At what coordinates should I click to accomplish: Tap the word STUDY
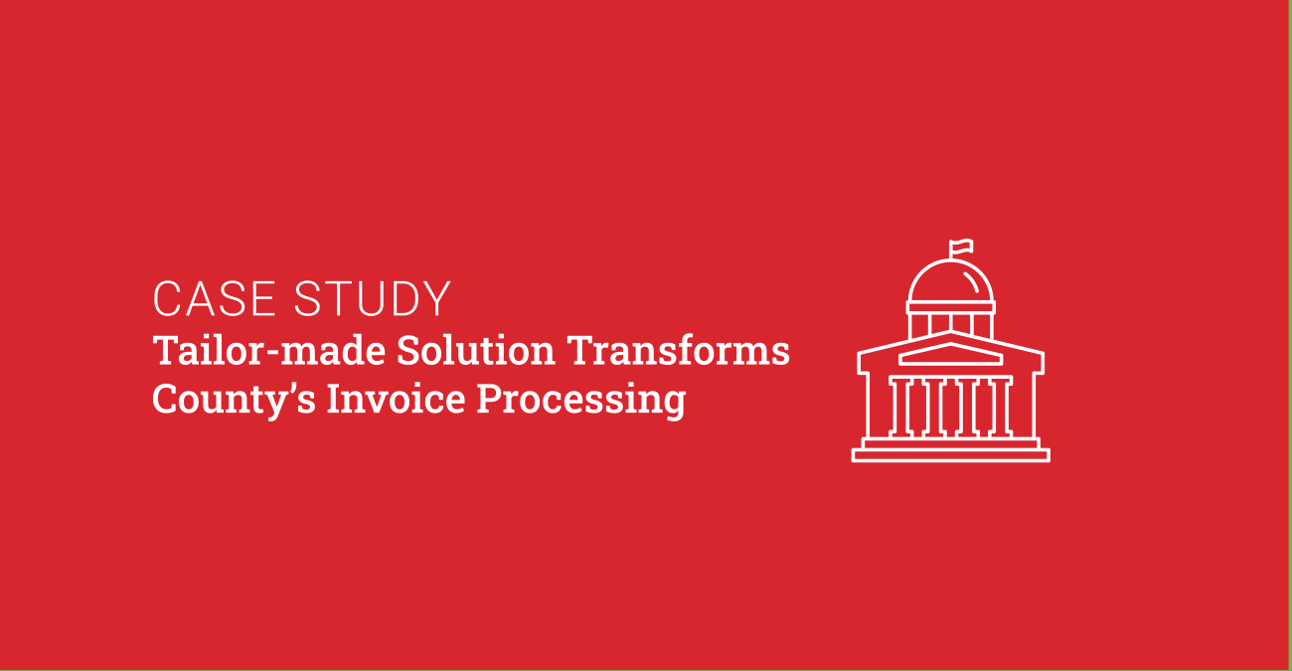point(372,299)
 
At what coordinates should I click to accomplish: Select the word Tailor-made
point(269,350)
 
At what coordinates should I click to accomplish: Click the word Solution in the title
point(476,350)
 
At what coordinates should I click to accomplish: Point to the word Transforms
point(678,350)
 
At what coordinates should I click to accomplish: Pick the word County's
point(235,400)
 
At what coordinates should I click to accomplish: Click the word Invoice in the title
point(396,399)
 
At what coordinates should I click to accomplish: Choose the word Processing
point(581,400)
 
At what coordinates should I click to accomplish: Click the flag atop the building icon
point(961,248)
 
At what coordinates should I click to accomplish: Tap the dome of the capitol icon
point(950,281)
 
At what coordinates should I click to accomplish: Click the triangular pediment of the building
point(950,354)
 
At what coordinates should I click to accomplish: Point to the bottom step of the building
point(950,455)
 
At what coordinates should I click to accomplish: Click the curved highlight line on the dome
point(971,282)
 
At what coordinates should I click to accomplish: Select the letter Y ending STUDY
point(437,299)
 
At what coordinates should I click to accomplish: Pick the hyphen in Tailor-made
point(273,353)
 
